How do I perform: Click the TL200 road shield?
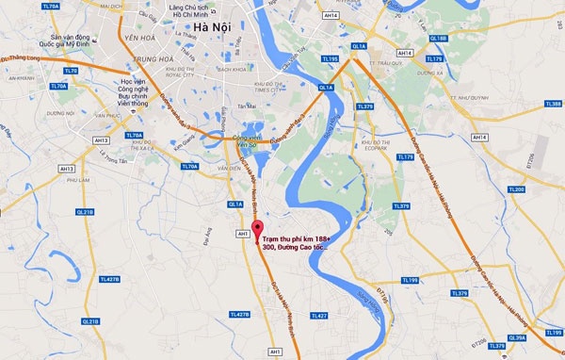pos(516,190)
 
